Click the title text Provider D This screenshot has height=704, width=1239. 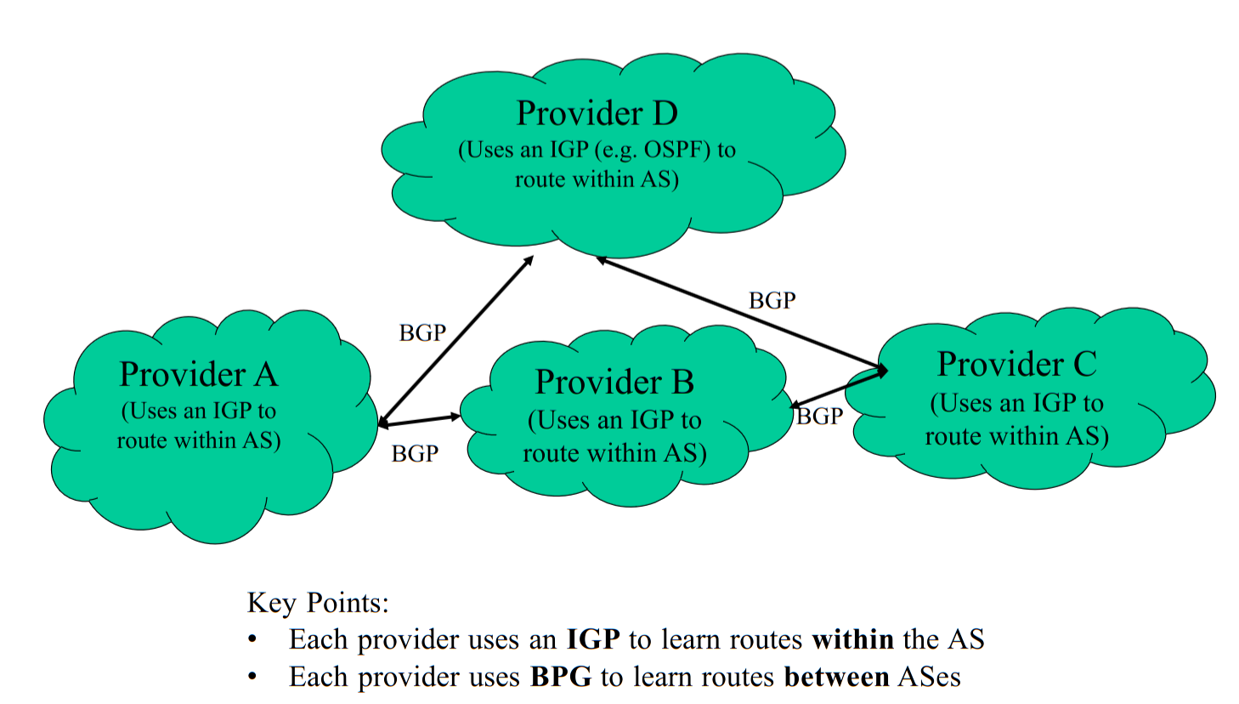597,113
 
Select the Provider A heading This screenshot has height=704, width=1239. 199,374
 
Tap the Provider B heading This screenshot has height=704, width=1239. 614,383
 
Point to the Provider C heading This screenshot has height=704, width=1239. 1016,364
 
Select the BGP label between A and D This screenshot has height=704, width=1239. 422,332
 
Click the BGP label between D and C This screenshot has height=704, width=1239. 772,300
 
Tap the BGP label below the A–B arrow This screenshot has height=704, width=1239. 415,454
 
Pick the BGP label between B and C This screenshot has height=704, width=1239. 820,416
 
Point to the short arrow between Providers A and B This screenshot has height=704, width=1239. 419,420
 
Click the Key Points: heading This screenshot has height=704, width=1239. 318,603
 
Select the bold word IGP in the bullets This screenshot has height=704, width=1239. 593,639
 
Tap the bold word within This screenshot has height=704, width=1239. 852,639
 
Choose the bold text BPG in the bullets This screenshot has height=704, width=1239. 561,677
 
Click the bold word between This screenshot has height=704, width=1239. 836,677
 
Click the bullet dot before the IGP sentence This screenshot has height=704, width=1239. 252,639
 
